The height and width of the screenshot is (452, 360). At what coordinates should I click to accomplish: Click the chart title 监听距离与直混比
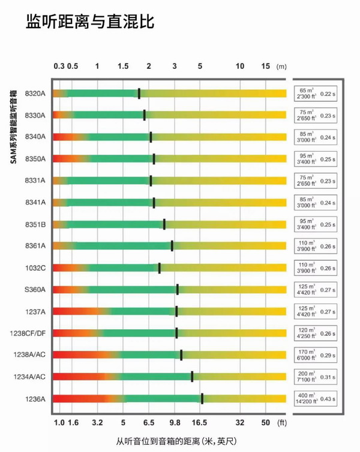[90, 23]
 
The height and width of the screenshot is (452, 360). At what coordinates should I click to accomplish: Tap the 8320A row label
[35, 94]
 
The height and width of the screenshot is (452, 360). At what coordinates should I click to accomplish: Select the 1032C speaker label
[35, 267]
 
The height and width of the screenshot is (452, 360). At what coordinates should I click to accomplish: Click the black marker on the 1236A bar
[202, 399]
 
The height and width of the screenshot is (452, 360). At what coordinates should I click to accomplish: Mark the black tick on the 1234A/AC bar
[192, 376]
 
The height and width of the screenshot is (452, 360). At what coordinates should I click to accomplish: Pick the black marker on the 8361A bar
[172, 246]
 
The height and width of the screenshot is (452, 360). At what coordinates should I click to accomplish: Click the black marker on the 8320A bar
[139, 94]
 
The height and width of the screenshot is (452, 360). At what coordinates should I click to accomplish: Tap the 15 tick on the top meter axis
[266, 66]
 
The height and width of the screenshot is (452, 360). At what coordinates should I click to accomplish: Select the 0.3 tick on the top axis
[59, 66]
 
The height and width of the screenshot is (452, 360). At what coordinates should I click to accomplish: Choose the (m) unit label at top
[281, 67]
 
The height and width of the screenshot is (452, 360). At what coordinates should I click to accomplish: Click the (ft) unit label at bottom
[281, 423]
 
